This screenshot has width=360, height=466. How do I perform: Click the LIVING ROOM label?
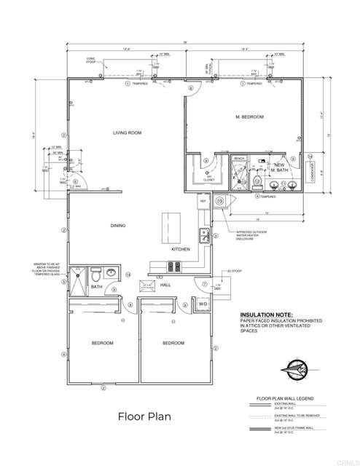126,133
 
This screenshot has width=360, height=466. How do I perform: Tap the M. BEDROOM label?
249,116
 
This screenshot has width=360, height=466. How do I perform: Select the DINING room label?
118,225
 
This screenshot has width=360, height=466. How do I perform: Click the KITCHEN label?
181,249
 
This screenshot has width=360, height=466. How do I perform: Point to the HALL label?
165,285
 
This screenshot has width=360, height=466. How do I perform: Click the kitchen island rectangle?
170,222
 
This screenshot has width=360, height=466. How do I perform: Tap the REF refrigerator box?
203,200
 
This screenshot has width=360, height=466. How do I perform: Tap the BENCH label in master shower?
239,158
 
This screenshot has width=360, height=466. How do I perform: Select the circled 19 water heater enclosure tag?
219,200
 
